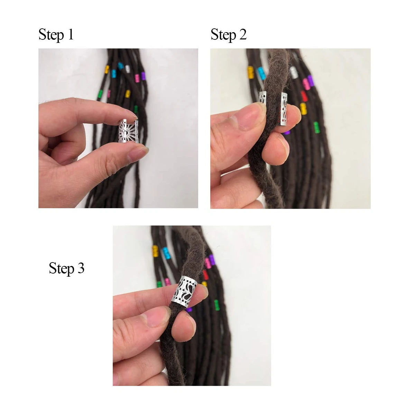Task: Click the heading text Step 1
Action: coord(56,35)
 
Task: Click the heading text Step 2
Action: coord(229,35)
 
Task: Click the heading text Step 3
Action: coord(66,268)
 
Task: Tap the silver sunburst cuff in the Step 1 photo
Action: coord(129,131)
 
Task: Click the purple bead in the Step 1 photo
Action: coord(143,76)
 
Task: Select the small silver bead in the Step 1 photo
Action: coord(128,68)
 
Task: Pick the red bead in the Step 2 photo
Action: coord(304,96)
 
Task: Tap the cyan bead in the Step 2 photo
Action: coord(261,73)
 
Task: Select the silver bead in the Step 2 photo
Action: coord(294,72)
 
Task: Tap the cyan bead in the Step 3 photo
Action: coord(166,253)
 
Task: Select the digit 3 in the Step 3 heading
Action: coord(81,268)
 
